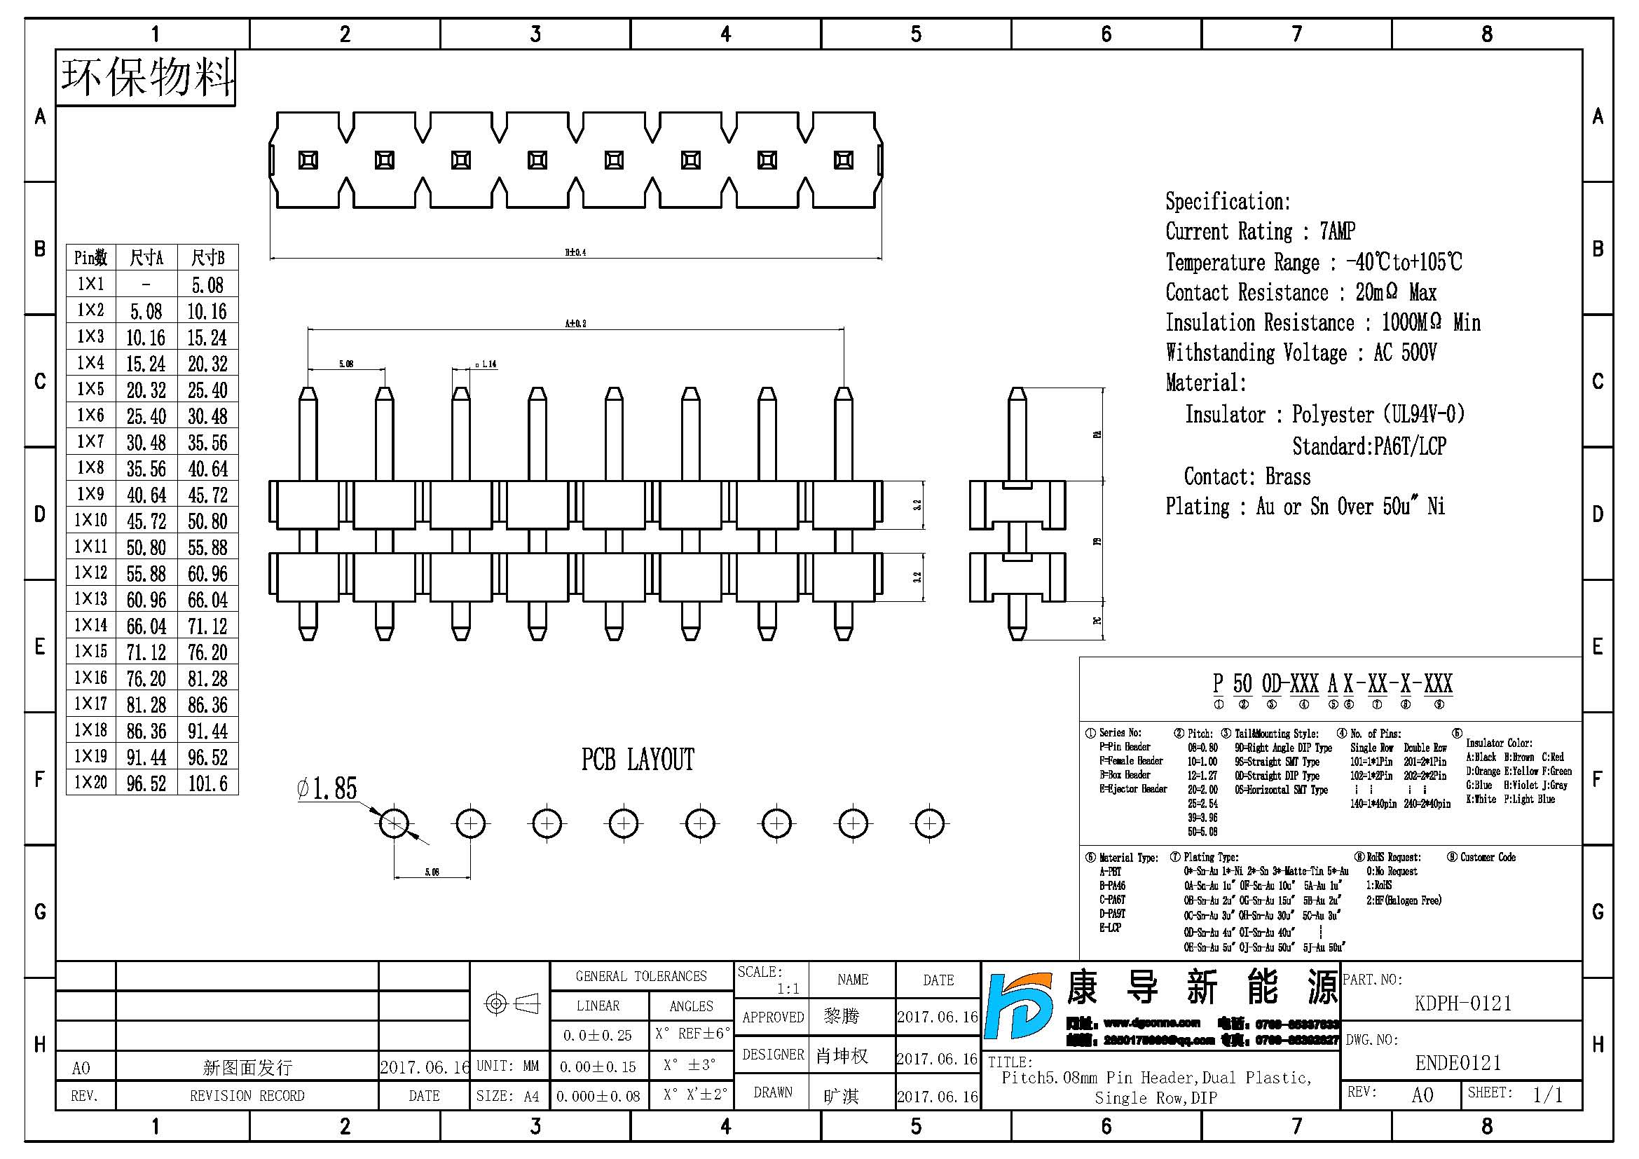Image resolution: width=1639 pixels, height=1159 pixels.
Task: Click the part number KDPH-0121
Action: pyautogui.click(x=1462, y=1003)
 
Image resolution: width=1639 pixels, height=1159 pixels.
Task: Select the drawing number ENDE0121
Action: pyautogui.click(x=1458, y=1063)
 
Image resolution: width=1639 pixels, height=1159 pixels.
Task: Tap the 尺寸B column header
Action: pyautogui.click(x=207, y=258)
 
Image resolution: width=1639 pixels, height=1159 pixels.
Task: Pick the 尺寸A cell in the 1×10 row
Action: pyautogui.click(x=146, y=521)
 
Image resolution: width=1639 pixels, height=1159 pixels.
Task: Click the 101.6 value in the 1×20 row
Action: pyautogui.click(x=207, y=783)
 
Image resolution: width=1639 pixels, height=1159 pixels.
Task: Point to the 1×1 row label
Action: pyautogui.click(x=90, y=284)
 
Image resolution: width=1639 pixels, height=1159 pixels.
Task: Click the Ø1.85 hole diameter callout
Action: pyautogui.click(x=327, y=788)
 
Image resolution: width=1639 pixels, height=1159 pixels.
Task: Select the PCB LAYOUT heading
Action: pyautogui.click(x=638, y=760)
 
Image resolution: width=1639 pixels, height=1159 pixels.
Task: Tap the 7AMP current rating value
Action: pyautogui.click(x=1337, y=231)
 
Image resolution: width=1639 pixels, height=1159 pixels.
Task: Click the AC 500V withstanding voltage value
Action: pyautogui.click(x=1405, y=352)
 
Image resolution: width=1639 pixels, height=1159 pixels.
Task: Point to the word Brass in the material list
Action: pyautogui.click(x=1288, y=476)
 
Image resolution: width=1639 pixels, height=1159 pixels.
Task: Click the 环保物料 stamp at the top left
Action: pyautogui.click(x=146, y=77)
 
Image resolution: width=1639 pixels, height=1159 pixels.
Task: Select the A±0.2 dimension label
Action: pyautogui.click(x=575, y=323)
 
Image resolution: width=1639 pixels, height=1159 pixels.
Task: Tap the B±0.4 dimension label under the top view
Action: pyautogui.click(x=575, y=252)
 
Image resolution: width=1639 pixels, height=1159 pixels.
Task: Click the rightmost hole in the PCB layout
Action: pyautogui.click(x=929, y=823)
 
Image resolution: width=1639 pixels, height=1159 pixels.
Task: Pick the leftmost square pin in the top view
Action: pyautogui.click(x=308, y=160)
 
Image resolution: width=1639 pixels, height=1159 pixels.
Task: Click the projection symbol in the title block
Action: pyautogui.click(x=511, y=1004)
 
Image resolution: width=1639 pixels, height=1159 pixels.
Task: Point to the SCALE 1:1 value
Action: pyautogui.click(x=788, y=989)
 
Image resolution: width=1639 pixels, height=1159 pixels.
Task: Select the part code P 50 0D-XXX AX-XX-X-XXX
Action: pyautogui.click(x=1332, y=684)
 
